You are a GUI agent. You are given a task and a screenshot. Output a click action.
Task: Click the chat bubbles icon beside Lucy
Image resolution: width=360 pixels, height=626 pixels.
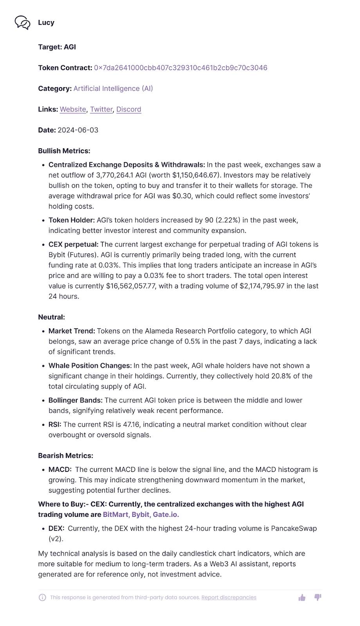(x=22, y=23)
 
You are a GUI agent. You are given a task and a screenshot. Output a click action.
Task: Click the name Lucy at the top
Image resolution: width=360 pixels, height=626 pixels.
(x=46, y=23)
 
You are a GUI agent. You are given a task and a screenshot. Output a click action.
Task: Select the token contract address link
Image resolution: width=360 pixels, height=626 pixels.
(x=180, y=68)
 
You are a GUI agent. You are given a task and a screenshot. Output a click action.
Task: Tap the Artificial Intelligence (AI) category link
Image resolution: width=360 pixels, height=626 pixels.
(x=113, y=88)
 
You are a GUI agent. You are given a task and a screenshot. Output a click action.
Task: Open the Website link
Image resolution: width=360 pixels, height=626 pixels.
(x=73, y=109)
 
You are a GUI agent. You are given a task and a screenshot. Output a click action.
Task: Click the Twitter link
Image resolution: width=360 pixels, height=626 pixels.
(x=101, y=109)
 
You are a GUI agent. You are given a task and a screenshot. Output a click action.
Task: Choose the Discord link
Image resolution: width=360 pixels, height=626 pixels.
(x=129, y=109)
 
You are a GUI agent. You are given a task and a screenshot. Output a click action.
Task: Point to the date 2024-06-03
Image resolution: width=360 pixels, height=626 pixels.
(x=78, y=130)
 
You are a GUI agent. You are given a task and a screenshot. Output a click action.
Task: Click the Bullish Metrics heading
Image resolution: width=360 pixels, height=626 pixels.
(x=64, y=151)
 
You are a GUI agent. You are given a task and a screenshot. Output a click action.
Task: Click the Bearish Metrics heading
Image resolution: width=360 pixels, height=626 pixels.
(x=65, y=455)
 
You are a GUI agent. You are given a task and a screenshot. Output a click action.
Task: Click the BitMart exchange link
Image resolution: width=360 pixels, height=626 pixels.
(x=115, y=514)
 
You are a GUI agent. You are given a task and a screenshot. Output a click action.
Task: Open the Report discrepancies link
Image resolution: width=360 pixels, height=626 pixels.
(x=229, y=597)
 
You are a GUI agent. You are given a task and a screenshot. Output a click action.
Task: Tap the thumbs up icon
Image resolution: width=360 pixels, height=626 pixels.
(x=302, y=597)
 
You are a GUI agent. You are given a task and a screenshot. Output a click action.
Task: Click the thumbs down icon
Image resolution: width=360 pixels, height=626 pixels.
(x=318, y=597)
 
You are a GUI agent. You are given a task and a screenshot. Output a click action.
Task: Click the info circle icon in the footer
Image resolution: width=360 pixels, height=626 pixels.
(x=42, y=597)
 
